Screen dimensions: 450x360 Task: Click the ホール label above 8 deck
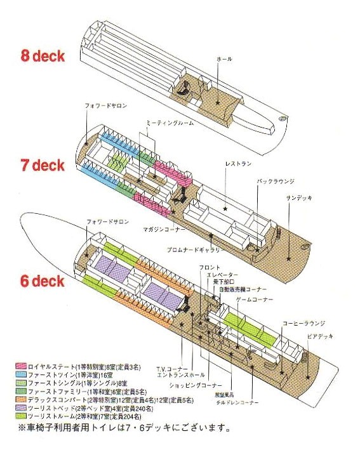click(x=224, y=59)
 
